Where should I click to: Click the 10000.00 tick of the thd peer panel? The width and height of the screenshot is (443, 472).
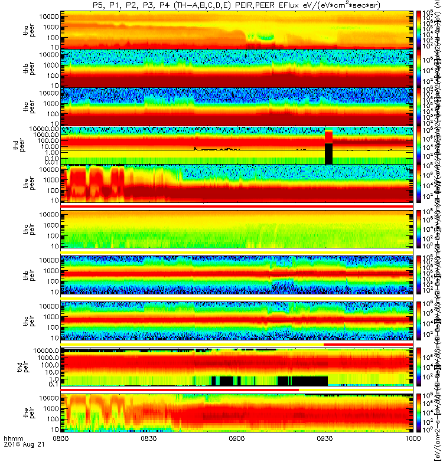(44, 128)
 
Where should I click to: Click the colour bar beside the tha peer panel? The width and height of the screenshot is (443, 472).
(419, 29)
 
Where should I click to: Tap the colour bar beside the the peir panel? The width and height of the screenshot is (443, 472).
(419, 413)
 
